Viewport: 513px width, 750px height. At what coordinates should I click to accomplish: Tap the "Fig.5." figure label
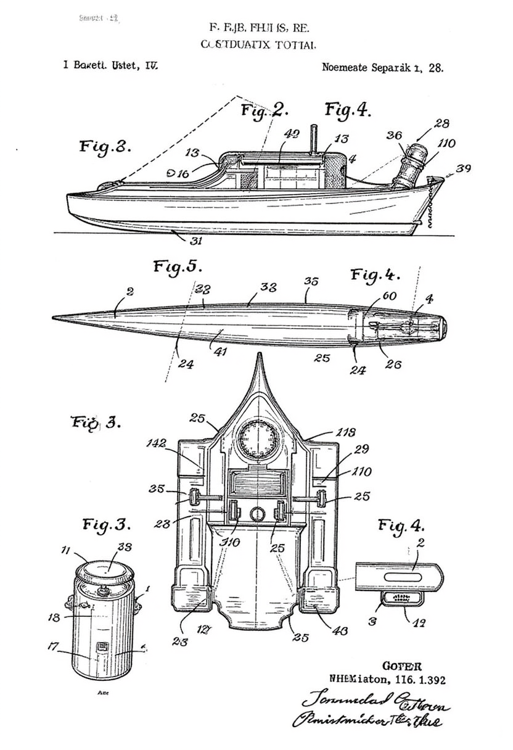tap(177, 267)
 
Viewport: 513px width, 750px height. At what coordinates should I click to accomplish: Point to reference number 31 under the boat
tap(195, 241)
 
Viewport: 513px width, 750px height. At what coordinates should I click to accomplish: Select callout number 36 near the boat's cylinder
tap(394, 135)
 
